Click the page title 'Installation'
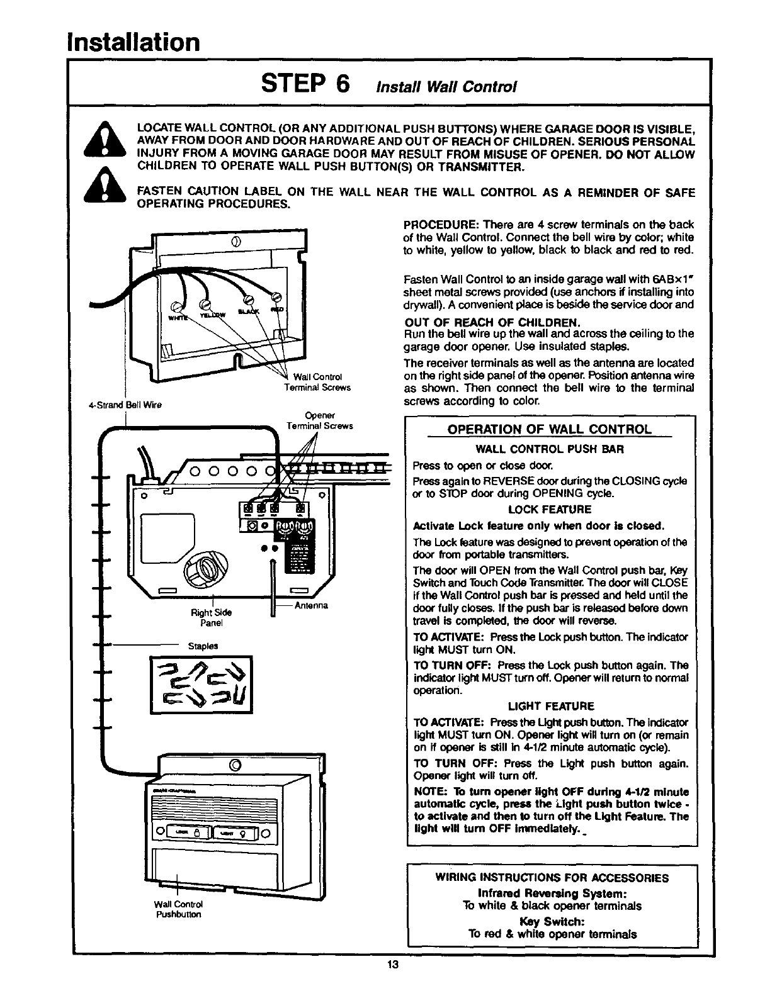pos(134,42)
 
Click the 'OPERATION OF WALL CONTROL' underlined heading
pos(548,430)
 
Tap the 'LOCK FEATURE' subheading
pos(549,510)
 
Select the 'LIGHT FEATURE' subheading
pos(550,706)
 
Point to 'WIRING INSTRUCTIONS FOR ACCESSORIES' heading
pos(552,878)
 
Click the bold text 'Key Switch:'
pos(552,921)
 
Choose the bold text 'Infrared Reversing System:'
pos(552,893)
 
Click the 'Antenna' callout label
pos(311,606)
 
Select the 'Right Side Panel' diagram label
pos(212,617)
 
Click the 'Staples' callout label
pos(203,646)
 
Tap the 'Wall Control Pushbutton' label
pos(178,909)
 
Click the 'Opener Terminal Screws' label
pos(319,420)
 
